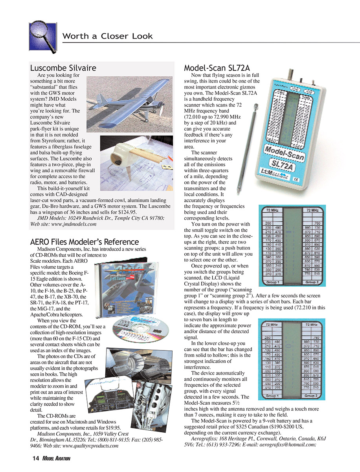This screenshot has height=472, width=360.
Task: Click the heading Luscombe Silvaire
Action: [x=63, y=68]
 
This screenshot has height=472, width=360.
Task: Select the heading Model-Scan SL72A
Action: [x=217, y=68]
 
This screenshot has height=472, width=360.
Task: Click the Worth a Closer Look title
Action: [x=107, y=37]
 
